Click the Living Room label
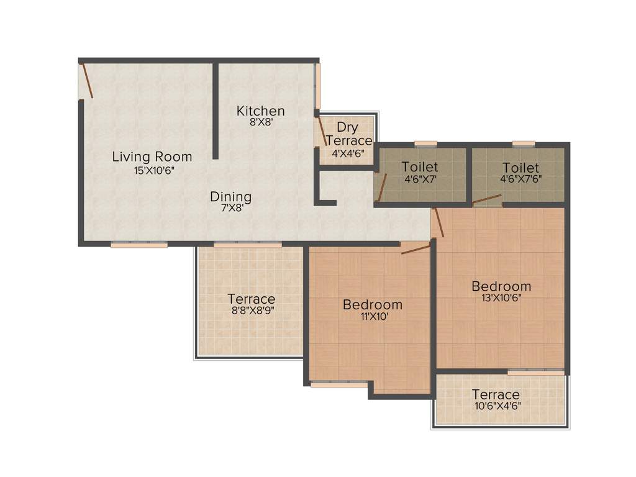(x=152, y=157)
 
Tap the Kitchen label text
(x=260, y=111)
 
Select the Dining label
(x=230, y=197)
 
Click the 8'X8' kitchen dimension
(x=261, y=124)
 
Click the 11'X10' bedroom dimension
(x=373, y=317)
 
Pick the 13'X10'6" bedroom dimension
(x=501, y=299)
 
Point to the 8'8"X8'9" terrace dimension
(x=251, y=311)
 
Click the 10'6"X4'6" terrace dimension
(x=496, y=407)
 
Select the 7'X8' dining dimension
(x=230, y=209)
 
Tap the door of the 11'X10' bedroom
(x=416, y=249)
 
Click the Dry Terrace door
(x=322, y=131)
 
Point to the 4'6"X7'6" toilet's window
(x=524, y=143)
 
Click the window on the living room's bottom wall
(x=139, y=245)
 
